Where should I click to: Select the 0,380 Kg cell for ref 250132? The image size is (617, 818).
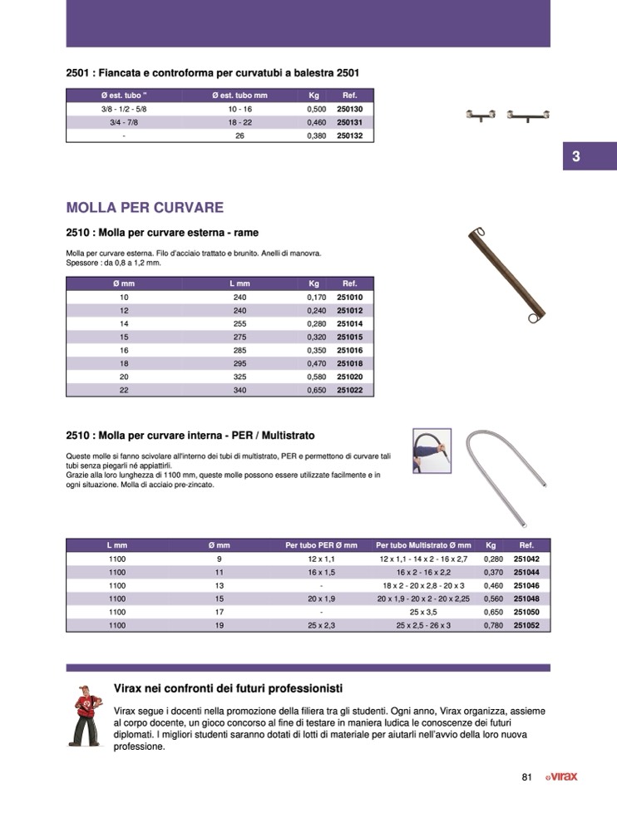point(315,136)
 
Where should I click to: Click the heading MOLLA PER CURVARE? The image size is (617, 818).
point(145,206)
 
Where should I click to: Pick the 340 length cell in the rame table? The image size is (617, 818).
point(240,390)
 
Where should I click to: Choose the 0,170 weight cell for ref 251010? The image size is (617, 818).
point(315,297)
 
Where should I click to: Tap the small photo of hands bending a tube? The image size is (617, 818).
point(432,451)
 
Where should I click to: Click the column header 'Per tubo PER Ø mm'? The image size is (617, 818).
point(321,545)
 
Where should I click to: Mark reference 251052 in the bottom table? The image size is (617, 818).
point(527,625)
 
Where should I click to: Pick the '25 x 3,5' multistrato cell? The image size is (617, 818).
point(423,612)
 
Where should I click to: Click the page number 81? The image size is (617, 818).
point(526,777)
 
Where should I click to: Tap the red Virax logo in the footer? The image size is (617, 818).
point(561,777)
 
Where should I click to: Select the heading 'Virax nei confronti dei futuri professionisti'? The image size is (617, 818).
point(228,688)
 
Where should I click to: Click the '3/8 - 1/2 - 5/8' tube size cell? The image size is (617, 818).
point(123,109)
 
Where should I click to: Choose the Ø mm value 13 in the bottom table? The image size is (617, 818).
point(219,585)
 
